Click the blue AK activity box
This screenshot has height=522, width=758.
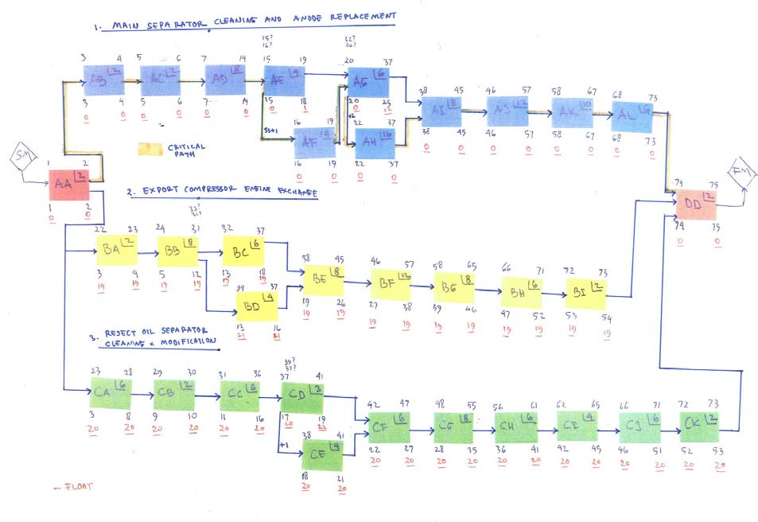coord(573,112)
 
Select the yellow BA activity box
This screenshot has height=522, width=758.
coord(116,250)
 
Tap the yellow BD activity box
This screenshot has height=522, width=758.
coord(257,306)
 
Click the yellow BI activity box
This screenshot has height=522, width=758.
coord(585,294)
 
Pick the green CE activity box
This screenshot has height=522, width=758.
coord(322,456)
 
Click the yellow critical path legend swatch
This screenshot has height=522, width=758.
coord(150,148)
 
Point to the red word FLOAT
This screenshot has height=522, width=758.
coord(76,486)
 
